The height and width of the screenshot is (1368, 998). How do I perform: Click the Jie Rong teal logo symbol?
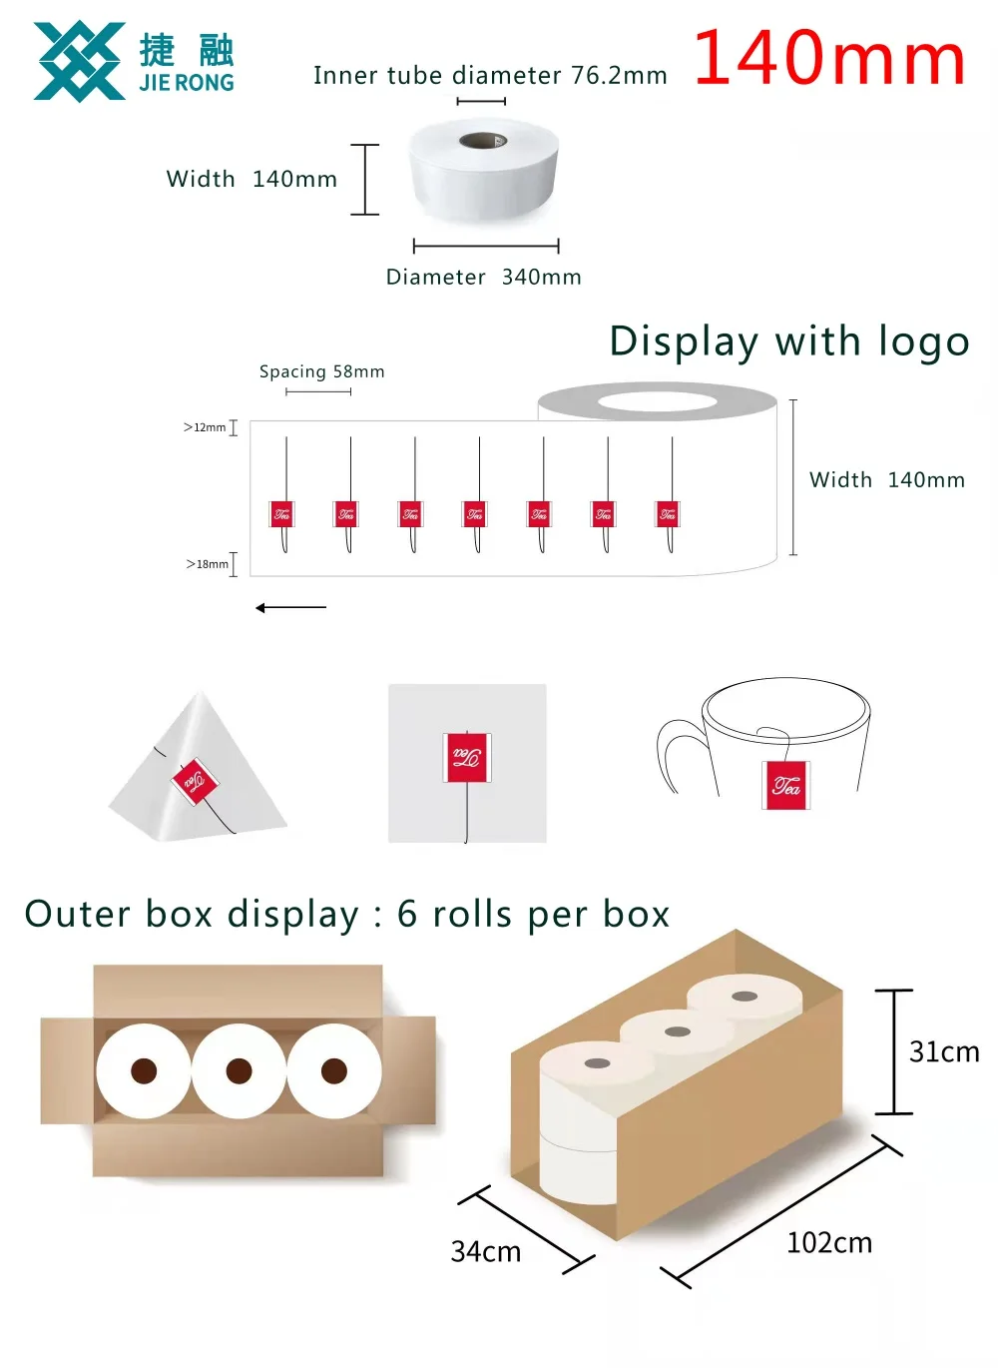(79, 62)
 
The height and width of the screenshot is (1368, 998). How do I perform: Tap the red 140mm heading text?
(829, 58)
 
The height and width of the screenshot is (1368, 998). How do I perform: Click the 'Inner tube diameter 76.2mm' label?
(490, 76)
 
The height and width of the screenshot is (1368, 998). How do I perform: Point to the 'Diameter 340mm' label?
(483, 278)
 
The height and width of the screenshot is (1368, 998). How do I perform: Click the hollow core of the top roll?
(483, 140)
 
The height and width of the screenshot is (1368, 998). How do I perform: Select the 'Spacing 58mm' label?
(321, 371)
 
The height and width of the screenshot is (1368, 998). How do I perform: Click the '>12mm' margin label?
(205, 427)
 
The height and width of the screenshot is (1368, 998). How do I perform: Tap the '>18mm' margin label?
(207, 564)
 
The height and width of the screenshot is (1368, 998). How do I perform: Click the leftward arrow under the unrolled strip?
(290, 607)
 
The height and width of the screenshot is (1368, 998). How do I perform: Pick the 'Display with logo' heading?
(789, 342)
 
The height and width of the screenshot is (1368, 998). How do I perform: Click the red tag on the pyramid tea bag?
(194, 781)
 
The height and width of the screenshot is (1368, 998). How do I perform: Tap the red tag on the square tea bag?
(466, 757)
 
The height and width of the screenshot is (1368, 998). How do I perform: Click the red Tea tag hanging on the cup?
(786, 785)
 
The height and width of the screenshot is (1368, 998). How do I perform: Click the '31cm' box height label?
(943, 1051)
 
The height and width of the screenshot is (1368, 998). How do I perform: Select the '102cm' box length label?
(828, 1243)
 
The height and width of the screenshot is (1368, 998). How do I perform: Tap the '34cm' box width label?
(486, 1252)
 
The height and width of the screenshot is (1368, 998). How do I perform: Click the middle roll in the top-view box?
(239, 1071)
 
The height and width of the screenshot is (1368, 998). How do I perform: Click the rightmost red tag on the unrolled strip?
(668, 514)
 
